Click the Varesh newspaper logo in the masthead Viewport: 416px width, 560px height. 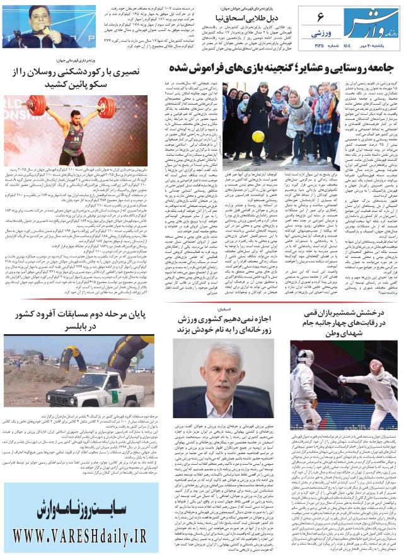click(x=377, y=23)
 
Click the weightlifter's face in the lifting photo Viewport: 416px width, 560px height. click(x=76, y=115)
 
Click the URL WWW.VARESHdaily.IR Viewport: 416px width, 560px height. click(x=79, y=538)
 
